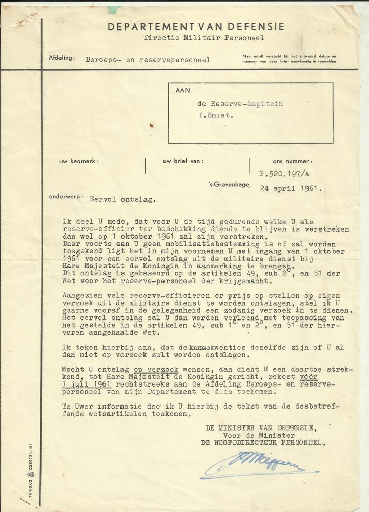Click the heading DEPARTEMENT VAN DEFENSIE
(x=196, y=27)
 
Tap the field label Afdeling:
(x=62, y=58)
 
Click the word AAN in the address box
(x=182, y=90)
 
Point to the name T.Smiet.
(x=216, y=115)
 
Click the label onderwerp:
(x=65, y=196)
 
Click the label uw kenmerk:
(x=79, y=161)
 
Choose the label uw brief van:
(x=183, y=161)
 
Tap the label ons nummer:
(x=293, y=161)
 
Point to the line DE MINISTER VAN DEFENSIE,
(x=260, y=428)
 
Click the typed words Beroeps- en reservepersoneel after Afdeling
(x=148, y=60)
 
